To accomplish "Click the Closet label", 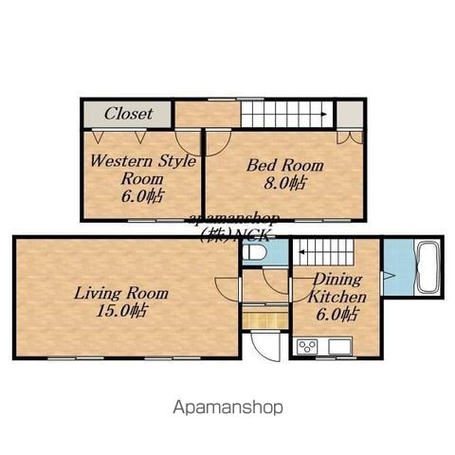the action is [128, 114].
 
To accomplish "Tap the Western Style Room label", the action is [143, 170].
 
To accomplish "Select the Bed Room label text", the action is [285, 165].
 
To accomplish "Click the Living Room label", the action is [121, 293].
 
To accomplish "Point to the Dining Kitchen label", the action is [337, 288].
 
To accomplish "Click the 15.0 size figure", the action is [121, 311].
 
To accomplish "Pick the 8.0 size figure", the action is [285, 183].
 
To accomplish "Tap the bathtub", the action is [428, 268].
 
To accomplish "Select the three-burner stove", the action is [307, 347].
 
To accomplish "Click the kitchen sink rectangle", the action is [340, 347].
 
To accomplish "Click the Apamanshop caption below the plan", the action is [227, 408].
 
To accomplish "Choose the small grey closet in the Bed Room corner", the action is [350, 114].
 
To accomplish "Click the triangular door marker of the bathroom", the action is [389, 275].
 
